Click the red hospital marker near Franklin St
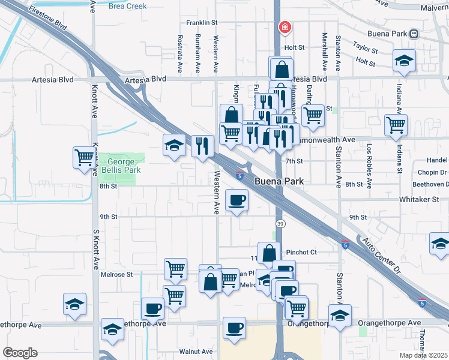click(285, 27)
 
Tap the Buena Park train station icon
click(414, 34)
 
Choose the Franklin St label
click(201, 23)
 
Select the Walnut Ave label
click(196, 352)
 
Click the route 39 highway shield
click(280, 223)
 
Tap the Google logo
click(20, 353)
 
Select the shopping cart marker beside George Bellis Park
click(84, 157)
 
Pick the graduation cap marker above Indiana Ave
click(405, 61)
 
